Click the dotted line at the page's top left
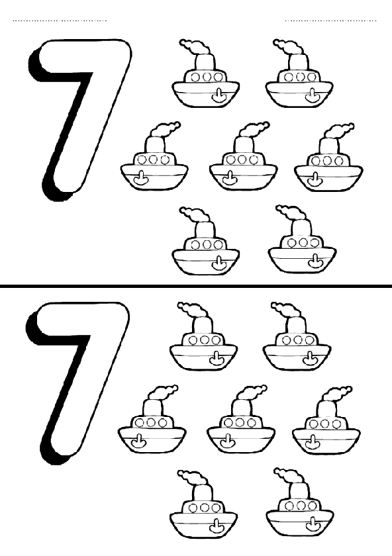(60, 21)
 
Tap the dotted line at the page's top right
(331, 21)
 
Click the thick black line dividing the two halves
(196, 285)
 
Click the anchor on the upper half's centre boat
(229, 179)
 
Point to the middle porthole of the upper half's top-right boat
(300, 77)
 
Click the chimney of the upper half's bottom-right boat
(301, 228)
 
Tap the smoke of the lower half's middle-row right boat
(338, 393)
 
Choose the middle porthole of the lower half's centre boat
(240, 423)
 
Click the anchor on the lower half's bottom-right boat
(312, 524)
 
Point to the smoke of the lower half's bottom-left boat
(192, 477)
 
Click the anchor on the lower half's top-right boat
(309, 359)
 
